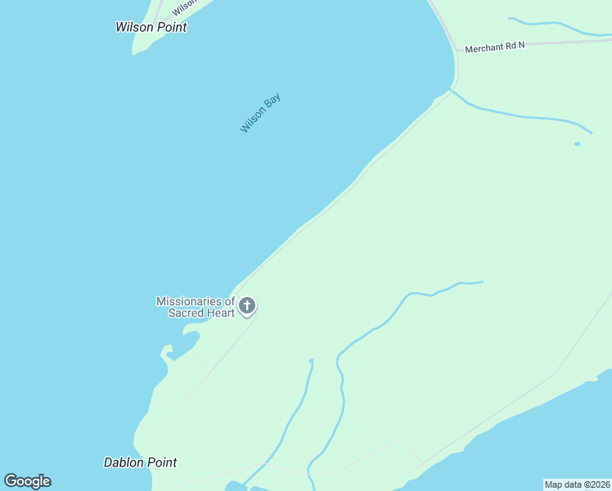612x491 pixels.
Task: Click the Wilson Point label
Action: [x=151, y=27]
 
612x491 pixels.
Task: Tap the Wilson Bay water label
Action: [x=260, y=114]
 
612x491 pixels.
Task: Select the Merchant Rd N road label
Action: [x=494, y=47]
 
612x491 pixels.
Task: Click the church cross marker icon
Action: [x=247, y=307]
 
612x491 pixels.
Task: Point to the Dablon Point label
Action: [x=140, y=462]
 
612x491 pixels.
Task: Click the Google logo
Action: [x=28, y=481]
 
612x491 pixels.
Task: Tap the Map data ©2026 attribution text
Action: [x=578, y=484]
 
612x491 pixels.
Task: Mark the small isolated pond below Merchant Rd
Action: [x=577, y=144]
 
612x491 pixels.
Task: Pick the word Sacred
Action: [x=187, y=313]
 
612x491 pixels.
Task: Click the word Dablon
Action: [x=123, y=462]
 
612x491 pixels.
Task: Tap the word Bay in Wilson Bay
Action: [x=272, y=102]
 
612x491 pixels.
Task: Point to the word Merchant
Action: [x=484, y=48]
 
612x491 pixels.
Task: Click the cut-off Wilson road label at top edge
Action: [x=184, y=5]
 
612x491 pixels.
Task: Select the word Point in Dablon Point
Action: [x=160, y=462]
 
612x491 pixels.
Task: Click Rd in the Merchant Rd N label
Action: [x=510, y=47]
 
